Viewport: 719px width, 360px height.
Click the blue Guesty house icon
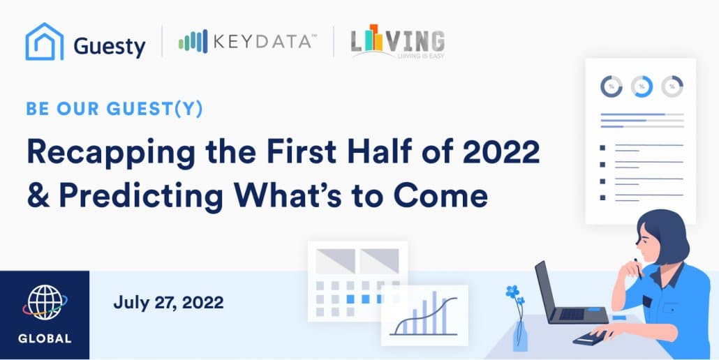click(x=45, y=42)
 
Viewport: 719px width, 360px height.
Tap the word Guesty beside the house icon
click(x=110, y=47)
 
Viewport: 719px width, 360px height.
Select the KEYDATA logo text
click(x=262, y=42)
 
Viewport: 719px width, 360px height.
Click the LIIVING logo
click(x=398, y=41)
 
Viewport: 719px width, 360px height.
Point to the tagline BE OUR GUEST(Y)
click(x=114, y=109)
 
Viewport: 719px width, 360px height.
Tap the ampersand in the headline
click(x=38, y=195)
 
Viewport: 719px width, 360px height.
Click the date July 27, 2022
click(x=168, y=303)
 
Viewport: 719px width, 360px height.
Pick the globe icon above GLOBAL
click(x=45, y=302)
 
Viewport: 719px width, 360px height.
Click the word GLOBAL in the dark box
click(x=45, y=339)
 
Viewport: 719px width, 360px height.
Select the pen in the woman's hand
click(x=638, y=269)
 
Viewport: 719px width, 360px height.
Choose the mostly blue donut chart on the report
click(x=642, y=86)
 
